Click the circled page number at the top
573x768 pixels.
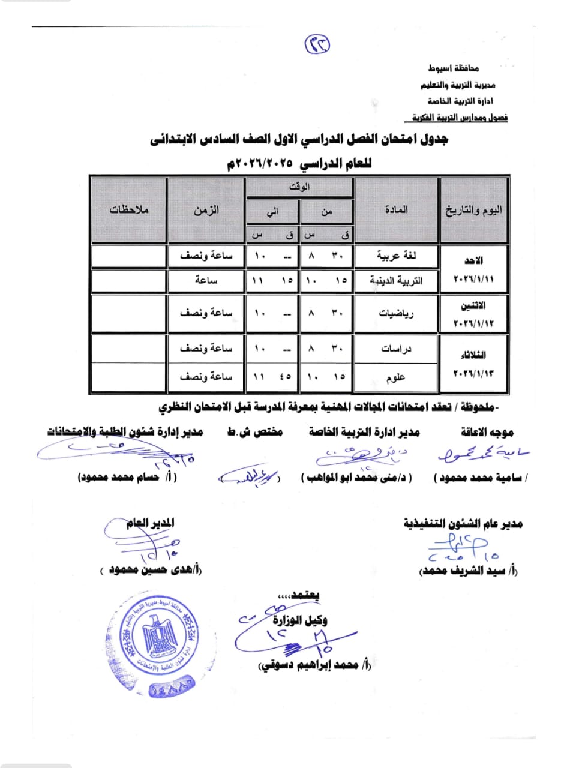[x=317, y=44]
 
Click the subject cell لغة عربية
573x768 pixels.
[x=396, y=256]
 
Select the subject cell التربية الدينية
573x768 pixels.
[x=396, y=280]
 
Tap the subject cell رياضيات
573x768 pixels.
[x=396, y=313]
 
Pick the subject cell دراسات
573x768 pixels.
[x=396, y=349]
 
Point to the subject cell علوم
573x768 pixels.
[x=396, y=377]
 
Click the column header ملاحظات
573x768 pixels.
[x=129, y=210]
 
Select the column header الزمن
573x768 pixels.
[x=206, y=210]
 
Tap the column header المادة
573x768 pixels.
[x=396, y=209]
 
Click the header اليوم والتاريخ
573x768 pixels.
[x=473, y=210]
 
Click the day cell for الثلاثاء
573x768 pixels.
[x=473, y=364]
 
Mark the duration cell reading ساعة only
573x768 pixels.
[x=206, y=280]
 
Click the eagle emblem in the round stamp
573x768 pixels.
[x=159, y=636]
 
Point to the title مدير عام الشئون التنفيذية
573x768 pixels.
[x=463, y=524]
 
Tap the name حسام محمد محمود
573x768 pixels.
[x=127, y=478]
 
